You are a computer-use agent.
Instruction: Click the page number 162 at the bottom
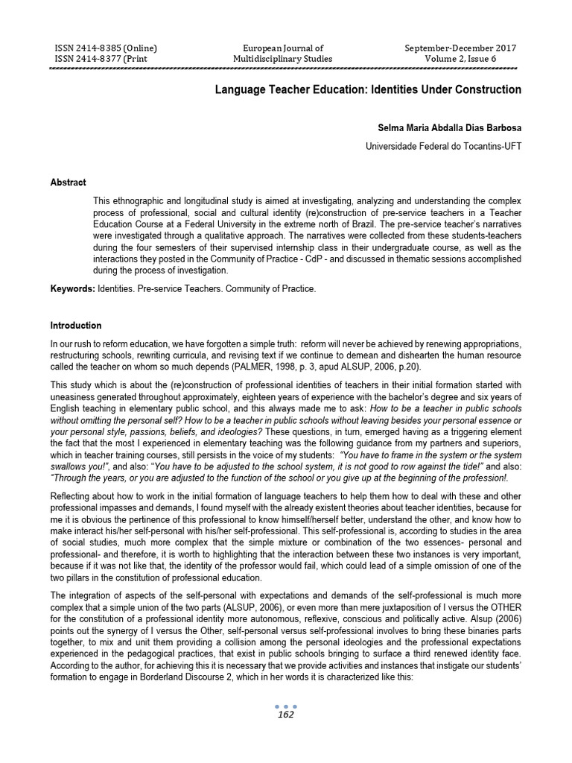pos(285,715)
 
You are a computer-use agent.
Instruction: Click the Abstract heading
pos(68,183)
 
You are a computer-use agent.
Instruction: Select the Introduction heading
pos(75,326)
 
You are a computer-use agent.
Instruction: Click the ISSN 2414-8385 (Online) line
pos(106,48)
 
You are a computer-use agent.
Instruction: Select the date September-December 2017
pos(460,48)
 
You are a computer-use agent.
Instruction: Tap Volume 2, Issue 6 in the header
pos(460,59)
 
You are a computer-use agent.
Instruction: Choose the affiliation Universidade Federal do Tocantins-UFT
pos(443,146)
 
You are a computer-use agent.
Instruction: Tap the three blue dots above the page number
pos(285,706)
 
